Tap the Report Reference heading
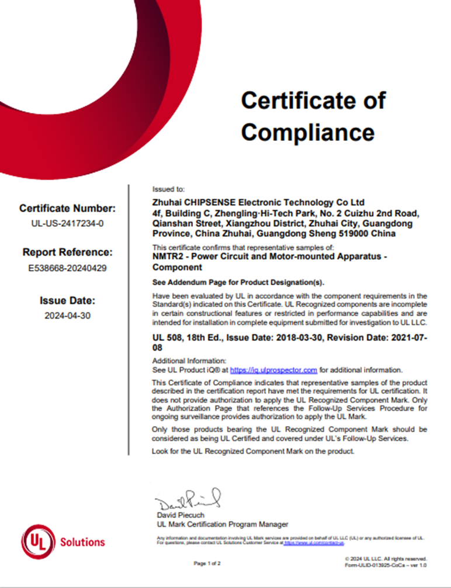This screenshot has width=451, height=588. tap(67, 253)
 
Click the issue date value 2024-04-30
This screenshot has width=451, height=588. tap(68, 316)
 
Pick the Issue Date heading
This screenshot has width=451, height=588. tap(67, 301)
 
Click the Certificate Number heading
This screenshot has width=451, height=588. tap(68, 208)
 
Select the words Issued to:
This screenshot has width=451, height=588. tap(168, 189)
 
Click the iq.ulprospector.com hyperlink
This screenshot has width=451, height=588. tap(273, 370)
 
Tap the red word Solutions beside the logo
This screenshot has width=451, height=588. tap(82, 542)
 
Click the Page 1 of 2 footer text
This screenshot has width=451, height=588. tap(207, 563)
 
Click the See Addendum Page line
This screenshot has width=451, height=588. tap(238, 282)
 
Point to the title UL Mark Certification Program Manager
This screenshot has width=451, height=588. tap(223, 524)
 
